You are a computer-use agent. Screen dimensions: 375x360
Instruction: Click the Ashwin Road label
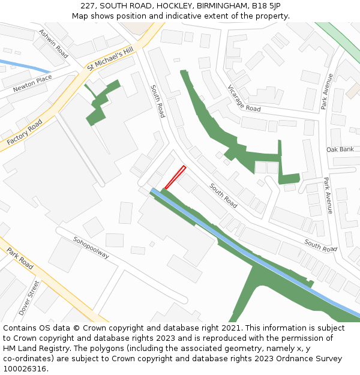point(53,43)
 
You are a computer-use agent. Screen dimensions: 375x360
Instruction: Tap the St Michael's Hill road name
point(109,61)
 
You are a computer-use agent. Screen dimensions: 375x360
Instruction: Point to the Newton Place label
point(32,84)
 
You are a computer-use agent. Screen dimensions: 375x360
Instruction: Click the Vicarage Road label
point(244,98)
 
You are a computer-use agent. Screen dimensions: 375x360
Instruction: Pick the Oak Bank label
point(340,149)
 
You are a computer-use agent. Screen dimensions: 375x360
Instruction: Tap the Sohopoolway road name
point(91,247)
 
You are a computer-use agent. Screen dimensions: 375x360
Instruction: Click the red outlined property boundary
point(175,177)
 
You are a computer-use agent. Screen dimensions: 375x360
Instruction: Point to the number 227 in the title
point(89,6)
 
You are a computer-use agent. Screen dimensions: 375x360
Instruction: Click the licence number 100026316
point(23,369)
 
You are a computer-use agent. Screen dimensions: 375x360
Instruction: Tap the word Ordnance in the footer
point(286,359)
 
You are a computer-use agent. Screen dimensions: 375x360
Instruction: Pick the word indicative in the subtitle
point(194,16)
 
